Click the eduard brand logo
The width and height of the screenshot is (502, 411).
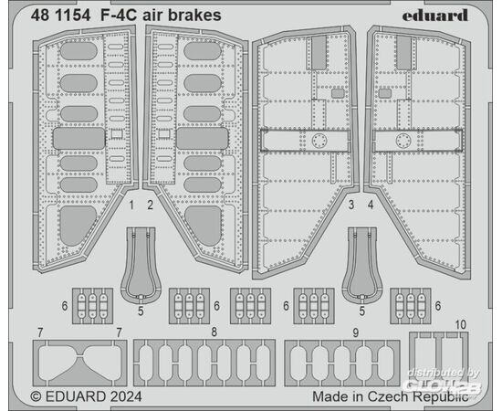434,16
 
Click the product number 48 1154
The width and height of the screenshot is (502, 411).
60,16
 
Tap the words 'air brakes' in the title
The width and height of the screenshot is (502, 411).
182,16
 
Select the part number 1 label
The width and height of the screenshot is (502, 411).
131,205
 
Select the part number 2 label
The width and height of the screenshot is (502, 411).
151,205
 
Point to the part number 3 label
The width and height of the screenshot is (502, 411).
351,205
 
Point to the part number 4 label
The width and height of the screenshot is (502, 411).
371,205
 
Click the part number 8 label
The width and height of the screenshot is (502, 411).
214,332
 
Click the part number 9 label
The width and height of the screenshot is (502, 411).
356,332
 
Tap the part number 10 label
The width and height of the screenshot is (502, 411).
460,324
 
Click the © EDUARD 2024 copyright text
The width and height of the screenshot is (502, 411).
86,396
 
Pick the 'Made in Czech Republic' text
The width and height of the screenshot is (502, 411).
391,396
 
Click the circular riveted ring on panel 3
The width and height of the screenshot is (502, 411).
319,141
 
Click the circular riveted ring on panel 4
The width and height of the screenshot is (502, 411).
403,141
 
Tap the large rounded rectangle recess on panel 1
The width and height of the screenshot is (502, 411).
78,139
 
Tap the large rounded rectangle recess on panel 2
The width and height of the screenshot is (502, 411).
203,139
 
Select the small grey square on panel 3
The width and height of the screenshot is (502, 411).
338,93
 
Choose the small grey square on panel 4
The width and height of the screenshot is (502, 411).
385,93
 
